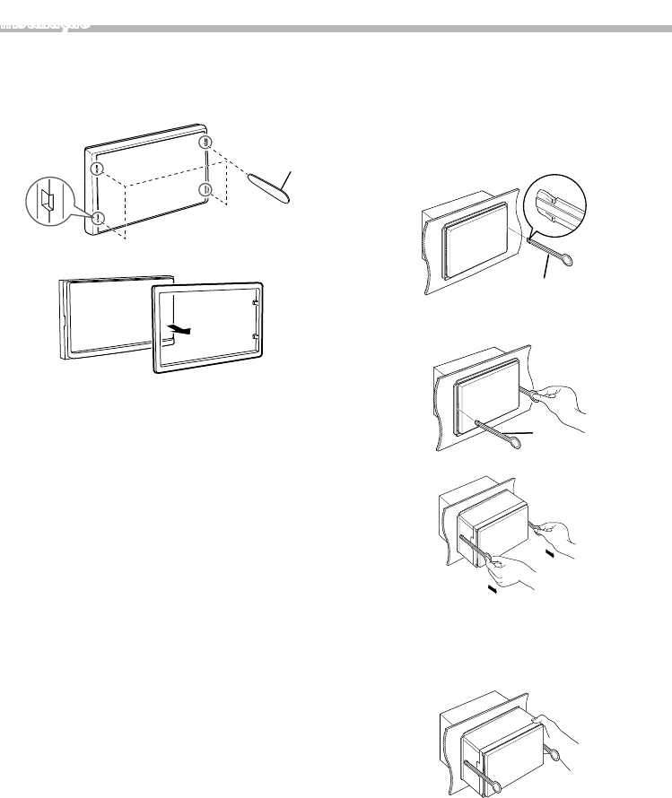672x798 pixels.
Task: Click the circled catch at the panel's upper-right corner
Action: tap(206, 143)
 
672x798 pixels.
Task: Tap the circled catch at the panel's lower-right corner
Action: tap(205, 189)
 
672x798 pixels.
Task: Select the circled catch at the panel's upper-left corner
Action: tap(98, 169)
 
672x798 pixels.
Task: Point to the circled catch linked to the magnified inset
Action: tap(99, 217)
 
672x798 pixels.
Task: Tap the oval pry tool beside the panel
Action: tap(268, 189)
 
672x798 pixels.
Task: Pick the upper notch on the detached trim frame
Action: tap(256, 302)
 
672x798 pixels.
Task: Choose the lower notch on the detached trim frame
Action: tap(257, 338)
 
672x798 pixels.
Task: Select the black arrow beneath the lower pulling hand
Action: tap(491, 589)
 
